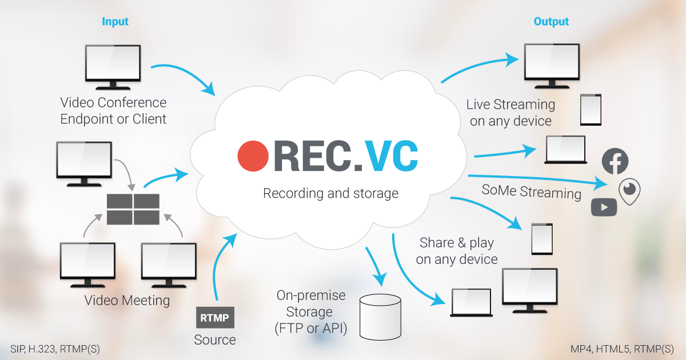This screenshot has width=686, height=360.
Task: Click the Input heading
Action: pos(115,22)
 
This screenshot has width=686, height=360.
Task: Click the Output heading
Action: pos(551,22)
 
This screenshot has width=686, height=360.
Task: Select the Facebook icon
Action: pos(615,162)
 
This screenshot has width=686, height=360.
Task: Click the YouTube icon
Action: pos(604,207)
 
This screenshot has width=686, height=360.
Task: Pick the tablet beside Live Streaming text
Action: pos(591,110)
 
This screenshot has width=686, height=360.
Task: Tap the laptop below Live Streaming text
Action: pos(565,150)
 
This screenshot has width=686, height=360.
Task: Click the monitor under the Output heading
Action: pos(552,63)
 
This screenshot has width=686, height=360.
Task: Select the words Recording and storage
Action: pos(330,193)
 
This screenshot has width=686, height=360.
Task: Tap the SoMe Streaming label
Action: pos(531,191)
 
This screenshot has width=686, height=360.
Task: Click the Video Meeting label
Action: pos(127,300)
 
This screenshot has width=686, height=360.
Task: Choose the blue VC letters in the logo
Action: pos(392,155)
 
